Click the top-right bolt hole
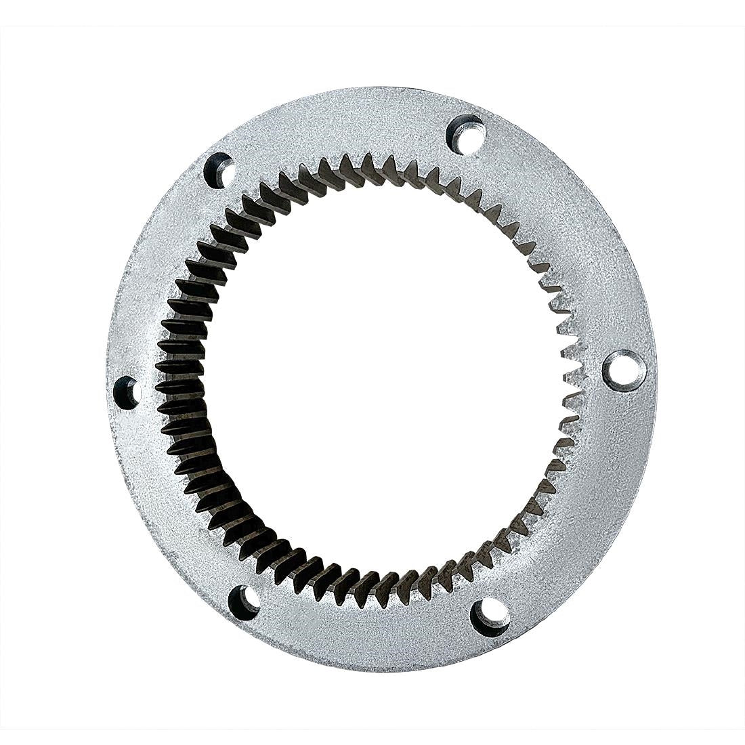[467, 131]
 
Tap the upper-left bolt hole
[219, 169]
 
